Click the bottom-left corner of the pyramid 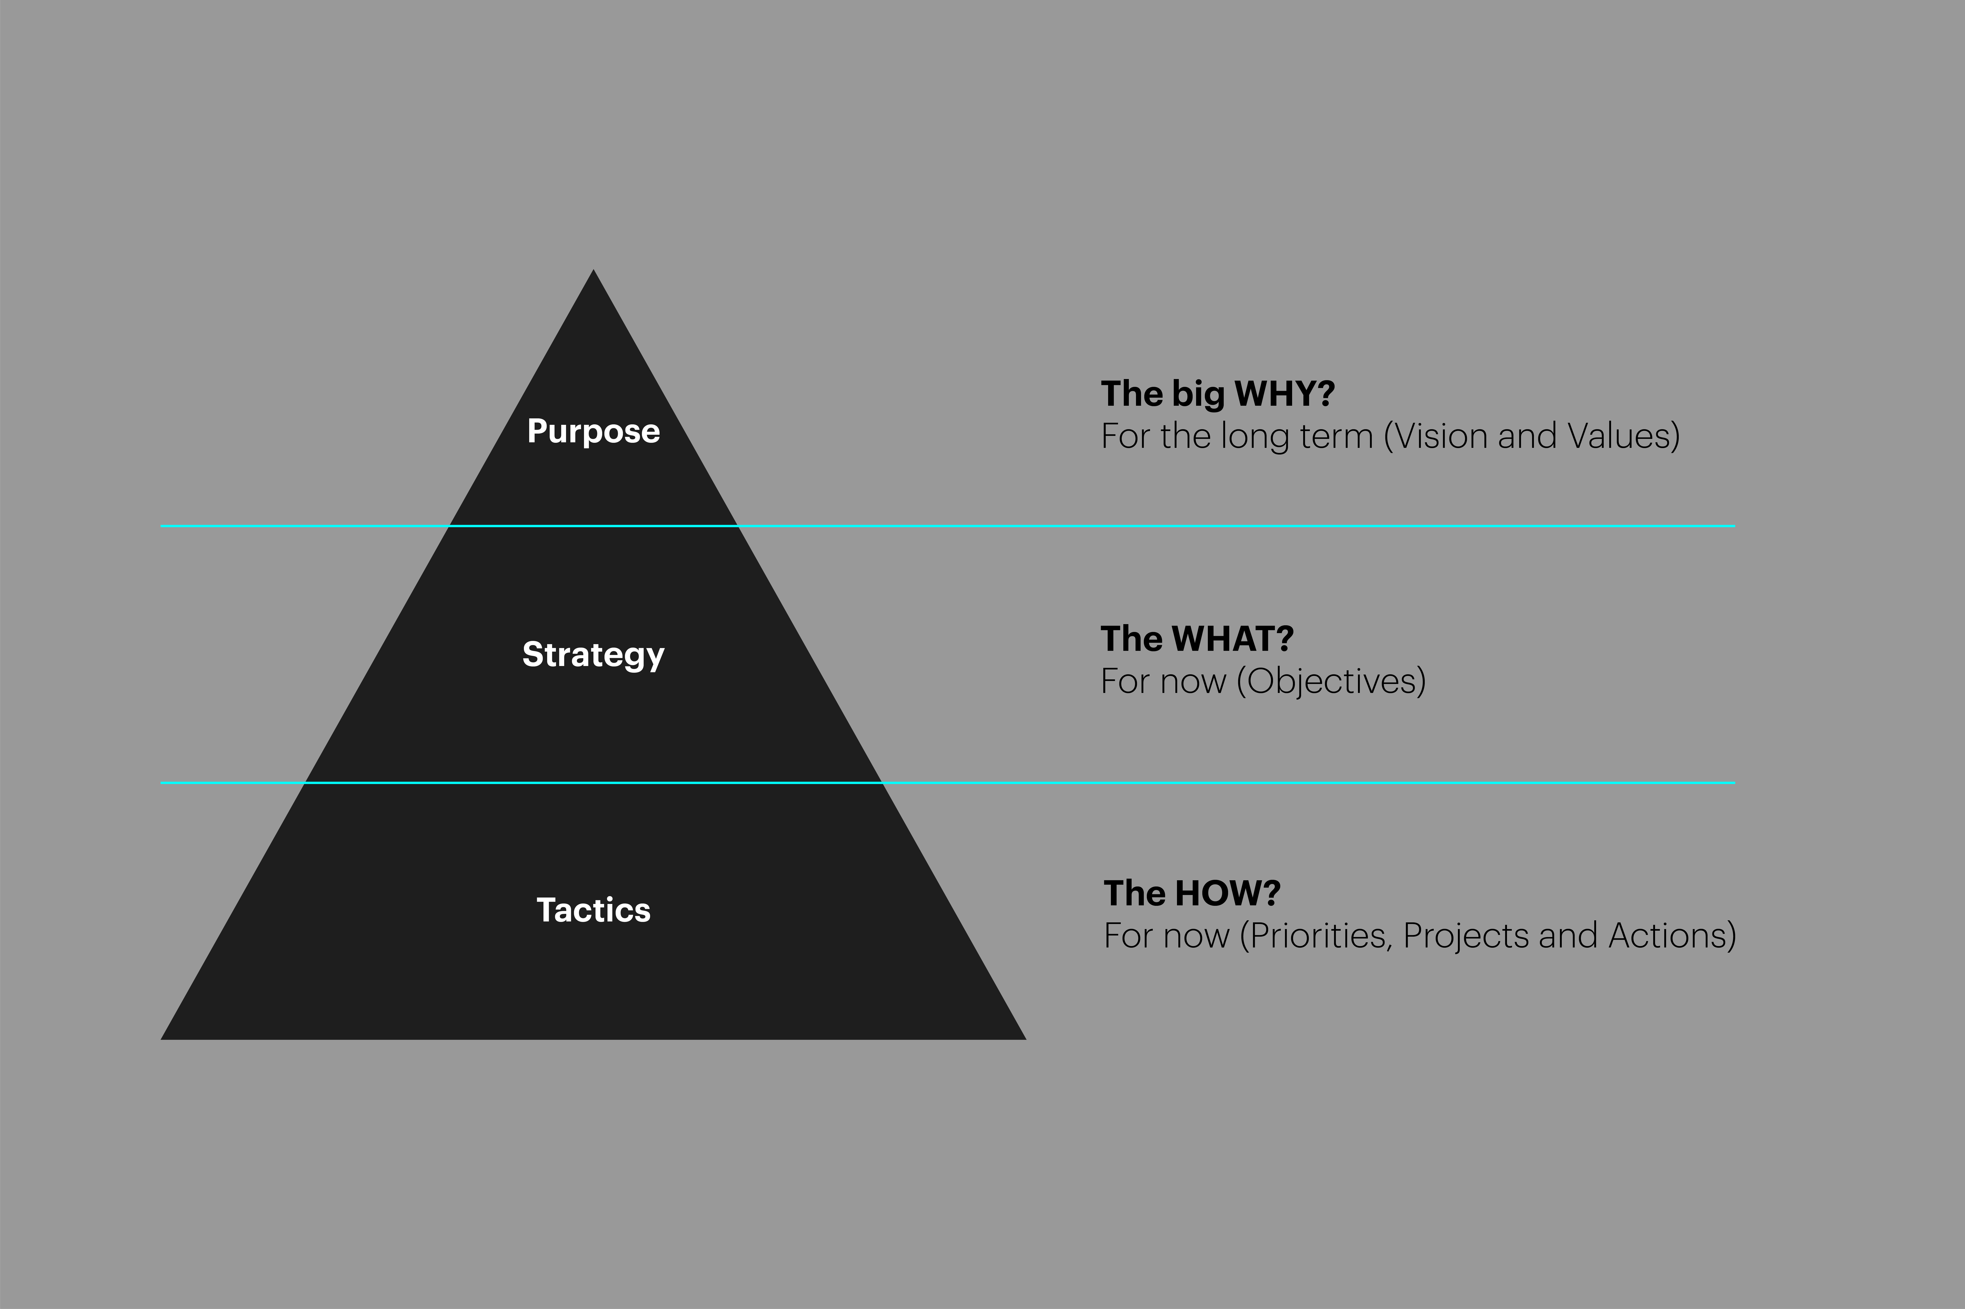(x=161, y=1039)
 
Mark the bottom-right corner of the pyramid (x=1025, y=1039)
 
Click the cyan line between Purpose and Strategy (x=948, y=526)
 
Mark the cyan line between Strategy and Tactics (x=948, y=783)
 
